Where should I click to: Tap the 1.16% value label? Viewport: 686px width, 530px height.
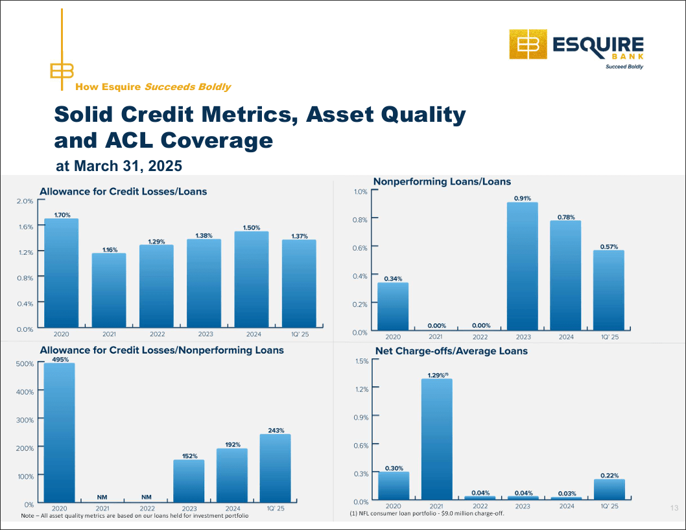[x=110, y=249]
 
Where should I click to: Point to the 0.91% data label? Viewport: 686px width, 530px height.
[x=523, y=198]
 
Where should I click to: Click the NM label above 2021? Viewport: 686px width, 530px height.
[x=102, y=497]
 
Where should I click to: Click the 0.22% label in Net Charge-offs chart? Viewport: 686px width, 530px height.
[x=609, y=475]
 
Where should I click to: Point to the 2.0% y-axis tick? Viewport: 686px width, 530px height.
[x=25, y=202]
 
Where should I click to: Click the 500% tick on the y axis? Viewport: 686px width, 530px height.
[x=24, y=364]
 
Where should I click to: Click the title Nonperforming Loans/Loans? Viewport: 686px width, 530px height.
[x=442, y=181]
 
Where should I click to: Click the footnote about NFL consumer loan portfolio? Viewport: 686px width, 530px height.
[x=427, y=514]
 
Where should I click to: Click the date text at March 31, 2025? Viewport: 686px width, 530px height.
[x=119, y=166]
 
